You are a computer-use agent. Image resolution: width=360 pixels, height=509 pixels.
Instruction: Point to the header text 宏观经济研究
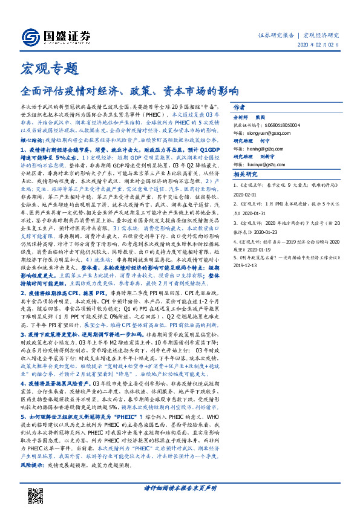pos(321,34)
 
